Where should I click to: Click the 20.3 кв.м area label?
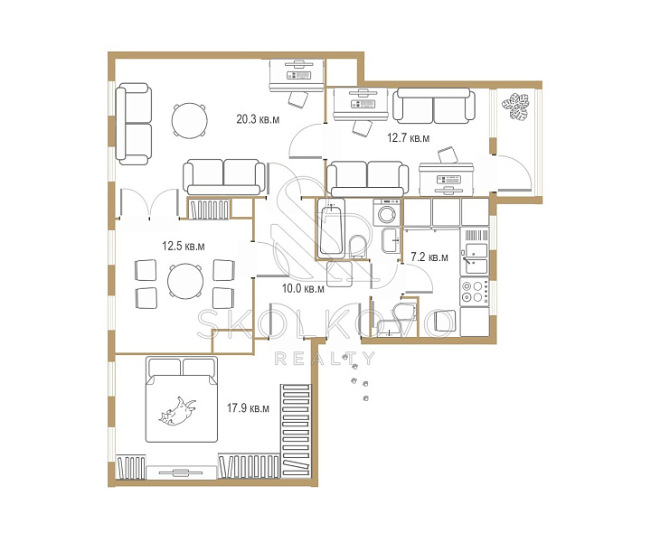point(258,119)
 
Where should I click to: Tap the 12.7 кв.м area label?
point(408,137)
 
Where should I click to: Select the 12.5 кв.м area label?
point(183,246)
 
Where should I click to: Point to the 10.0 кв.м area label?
point(303,288)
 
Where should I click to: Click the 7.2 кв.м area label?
point(429,257)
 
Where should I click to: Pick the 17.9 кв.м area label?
point(248,408)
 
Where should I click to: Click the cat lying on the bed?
point(177,411)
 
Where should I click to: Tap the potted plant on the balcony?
point(515,107)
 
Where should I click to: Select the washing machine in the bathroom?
point(387,212)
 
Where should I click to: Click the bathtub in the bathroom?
point(331,228)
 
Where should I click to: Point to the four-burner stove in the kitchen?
point(474,292)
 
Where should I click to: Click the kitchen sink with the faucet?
point(474,258)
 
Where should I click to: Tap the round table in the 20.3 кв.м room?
point(189,120)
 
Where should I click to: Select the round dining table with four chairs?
point(185,281)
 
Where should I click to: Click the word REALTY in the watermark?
point(325,359)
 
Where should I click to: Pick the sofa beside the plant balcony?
point(434,106)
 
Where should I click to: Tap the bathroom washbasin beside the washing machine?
point(391,240)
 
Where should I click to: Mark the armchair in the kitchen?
point(444,320)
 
